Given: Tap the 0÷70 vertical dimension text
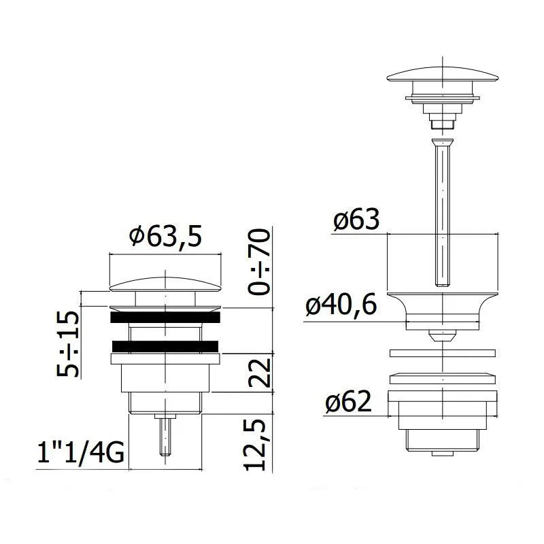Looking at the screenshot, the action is point(259,262).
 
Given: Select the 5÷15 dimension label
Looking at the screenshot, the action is point(67,344).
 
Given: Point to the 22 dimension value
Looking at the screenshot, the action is point(259,373).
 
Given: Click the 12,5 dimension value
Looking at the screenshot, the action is point(256,445).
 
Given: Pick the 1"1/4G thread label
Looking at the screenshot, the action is point(80,452).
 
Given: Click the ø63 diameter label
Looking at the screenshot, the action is point(356,219).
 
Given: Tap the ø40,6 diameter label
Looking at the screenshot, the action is point(341,304).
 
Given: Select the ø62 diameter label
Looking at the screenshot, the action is point(348,402).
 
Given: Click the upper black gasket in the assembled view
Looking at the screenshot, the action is point(165,317).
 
